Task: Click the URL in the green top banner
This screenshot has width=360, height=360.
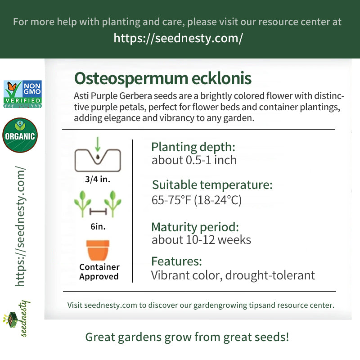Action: pos(178,38)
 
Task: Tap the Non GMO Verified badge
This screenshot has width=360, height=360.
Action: pos(22,94)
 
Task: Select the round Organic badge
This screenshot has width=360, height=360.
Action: pos(20,135)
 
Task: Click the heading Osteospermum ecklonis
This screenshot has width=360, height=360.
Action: pos(163,79)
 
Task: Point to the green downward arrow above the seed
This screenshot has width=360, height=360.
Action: pos(98,144)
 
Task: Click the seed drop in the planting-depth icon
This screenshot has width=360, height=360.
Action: pos(98,157)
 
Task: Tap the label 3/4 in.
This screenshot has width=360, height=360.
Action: pos(98,179)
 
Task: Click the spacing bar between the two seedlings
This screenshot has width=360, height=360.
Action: pos(98,211)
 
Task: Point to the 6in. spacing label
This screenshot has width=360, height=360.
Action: pos(98,227)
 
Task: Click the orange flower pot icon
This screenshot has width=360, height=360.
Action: pos(98,250)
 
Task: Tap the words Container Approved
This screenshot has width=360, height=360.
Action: pos(99,272)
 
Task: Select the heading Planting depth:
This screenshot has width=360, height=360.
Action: pos(193,148)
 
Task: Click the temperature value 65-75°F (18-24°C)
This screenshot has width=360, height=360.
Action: pos(197,200)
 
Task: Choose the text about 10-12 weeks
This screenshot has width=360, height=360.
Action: pos(201,240)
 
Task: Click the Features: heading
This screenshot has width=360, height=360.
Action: pos(176,261)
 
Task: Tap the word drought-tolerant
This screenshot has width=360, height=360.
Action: pos(270,275)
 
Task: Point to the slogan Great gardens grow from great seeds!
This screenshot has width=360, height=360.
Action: pos(187,337)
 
